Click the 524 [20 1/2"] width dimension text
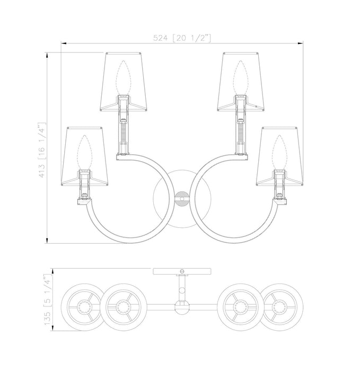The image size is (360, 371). coord(182,38)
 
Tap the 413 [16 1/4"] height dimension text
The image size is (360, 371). coord(42,150)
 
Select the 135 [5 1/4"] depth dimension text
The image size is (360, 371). coord(47,299)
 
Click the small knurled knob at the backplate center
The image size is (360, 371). coord(182,199)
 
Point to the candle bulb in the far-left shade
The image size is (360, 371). coord(84,153)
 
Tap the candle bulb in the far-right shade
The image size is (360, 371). coord(280,153)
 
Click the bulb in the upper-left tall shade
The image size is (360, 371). coord(123,78)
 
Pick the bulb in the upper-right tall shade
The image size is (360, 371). coord(241,78)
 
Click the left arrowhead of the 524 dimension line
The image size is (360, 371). coord(64,43)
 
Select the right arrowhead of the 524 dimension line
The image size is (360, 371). coord(300,43)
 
